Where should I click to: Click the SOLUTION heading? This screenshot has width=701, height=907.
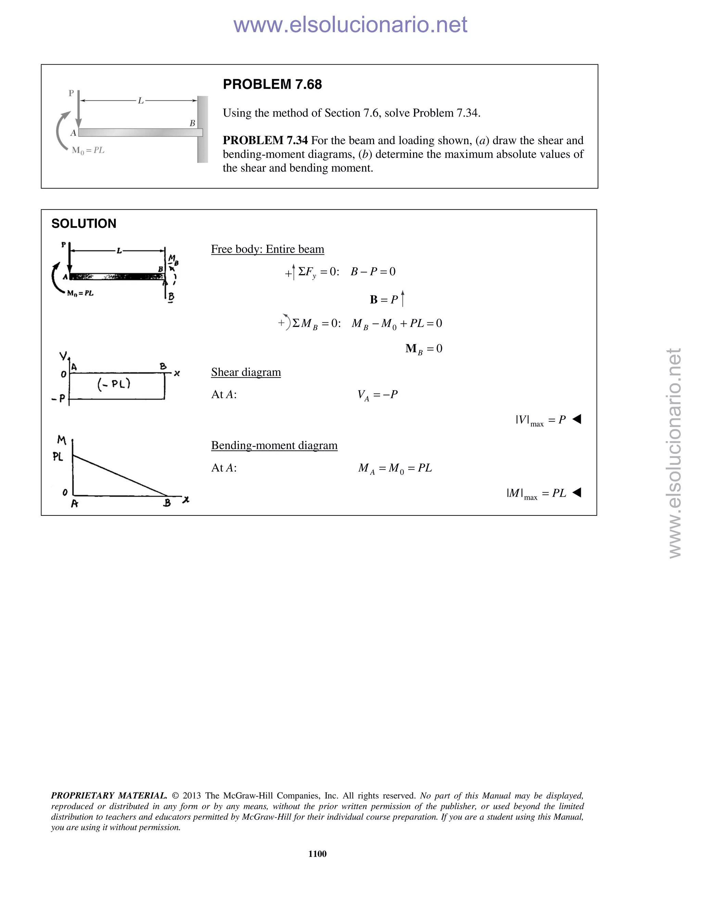[x=84, y=223]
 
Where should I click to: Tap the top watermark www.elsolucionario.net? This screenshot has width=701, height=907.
[x=350, y=25]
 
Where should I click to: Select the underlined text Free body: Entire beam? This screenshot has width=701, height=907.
[x=267, y=249]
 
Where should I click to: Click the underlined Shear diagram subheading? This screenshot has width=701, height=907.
[x=246, y=372]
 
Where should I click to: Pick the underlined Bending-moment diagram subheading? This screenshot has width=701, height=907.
[x=274, y=446]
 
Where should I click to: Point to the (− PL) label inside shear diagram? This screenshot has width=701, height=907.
[x=114, y=384]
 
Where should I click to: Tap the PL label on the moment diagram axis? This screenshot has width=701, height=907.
[x=58, y=457]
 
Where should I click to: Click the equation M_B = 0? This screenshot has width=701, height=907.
[x=424, y=349]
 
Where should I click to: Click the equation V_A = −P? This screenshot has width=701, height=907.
[x=377, y=395]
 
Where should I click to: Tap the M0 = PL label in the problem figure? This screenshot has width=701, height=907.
[x=88, y=150]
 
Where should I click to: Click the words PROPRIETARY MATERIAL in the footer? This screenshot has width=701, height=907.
[x=109, y=796]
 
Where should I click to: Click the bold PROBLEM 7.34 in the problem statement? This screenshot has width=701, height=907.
[x=265, y=140]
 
